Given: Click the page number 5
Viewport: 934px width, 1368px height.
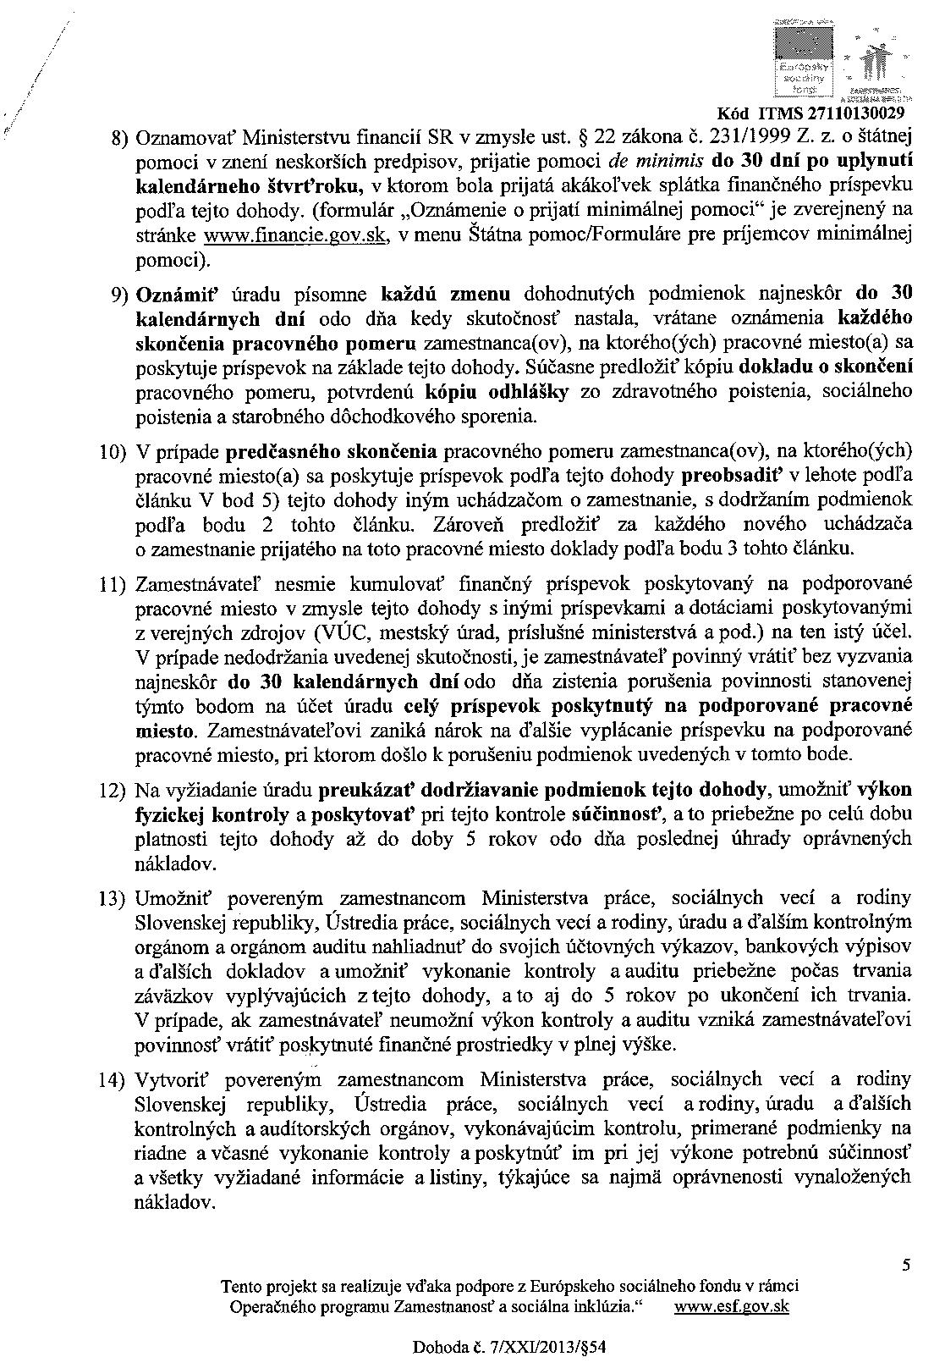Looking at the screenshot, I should coord(906,1266).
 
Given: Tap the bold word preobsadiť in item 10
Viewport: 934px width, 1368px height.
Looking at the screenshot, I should coord(724,475).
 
